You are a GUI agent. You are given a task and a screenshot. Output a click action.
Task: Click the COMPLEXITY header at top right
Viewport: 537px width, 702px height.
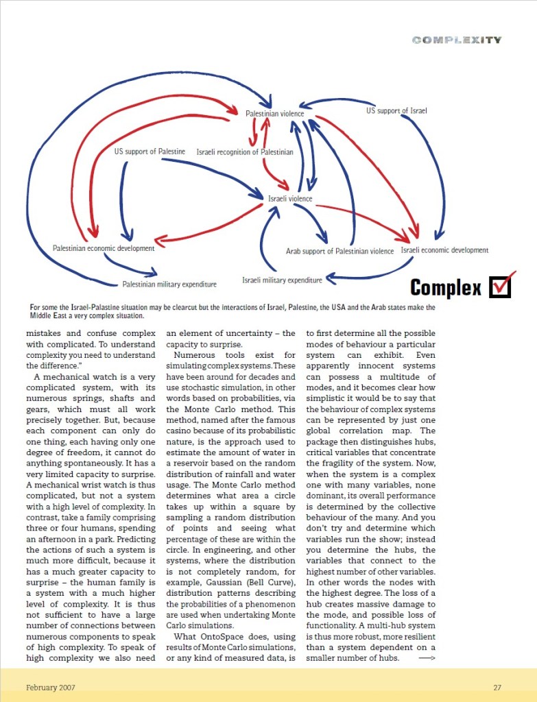[x=457, y=40]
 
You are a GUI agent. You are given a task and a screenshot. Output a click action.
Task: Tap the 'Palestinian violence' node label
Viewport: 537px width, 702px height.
[x=274, y=113]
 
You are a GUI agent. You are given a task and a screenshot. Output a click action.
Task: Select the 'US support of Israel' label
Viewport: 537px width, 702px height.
[x=396, y=110]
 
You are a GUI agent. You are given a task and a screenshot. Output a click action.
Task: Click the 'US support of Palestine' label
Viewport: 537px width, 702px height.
[x=150, y=151]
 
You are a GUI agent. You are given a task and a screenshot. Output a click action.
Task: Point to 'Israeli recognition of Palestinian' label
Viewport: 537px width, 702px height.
[x=245, y=152]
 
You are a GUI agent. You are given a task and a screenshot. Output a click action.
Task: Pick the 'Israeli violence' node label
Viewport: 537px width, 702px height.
[x=290, y=199]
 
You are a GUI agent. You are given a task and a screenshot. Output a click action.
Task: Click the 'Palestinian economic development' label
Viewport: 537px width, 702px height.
[x=104, y=248]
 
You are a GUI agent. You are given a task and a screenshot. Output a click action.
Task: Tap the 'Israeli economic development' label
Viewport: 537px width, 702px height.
[x=444, y=250]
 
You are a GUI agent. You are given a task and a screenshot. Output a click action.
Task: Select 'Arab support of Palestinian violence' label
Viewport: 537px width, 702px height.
[x=339, y=252]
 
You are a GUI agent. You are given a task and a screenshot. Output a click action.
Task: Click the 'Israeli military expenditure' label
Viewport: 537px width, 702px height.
[x=282, y=280]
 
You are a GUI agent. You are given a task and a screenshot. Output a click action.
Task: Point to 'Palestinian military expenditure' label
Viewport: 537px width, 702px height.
[x=169, y=284]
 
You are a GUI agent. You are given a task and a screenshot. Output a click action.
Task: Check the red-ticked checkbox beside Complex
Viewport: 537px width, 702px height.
[x=501, y=287]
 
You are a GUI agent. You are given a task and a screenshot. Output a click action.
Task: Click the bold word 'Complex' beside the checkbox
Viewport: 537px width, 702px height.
[x=446, y=288]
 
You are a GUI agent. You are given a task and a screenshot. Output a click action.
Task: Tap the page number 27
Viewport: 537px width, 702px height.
[x=497, y=687]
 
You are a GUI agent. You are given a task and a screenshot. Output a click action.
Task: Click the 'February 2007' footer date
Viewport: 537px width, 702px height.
[x=51, y=687]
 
